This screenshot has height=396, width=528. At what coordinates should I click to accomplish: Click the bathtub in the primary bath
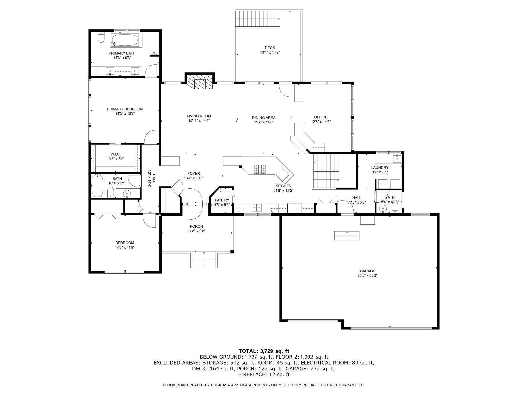click(124, 40)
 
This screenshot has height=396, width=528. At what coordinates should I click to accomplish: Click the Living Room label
click(199, 116)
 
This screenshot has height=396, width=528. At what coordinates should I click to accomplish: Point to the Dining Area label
click(264, 118)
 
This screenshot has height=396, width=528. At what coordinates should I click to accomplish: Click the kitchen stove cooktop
click(260, 169)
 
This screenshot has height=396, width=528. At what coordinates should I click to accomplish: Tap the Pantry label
click(222, 200)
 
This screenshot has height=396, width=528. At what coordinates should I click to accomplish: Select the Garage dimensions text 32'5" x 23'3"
click(367, 276)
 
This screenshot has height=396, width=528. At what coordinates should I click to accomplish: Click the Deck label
click(270, 48)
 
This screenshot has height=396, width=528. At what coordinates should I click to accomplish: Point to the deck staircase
click(258, 19)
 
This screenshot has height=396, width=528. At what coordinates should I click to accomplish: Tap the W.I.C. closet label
click(115, 154)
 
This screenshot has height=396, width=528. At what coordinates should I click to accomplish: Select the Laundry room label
click(380, 168)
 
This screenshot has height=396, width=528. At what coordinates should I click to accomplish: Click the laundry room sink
click(397, 159)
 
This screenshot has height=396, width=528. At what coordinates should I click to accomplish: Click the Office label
click(321, 117)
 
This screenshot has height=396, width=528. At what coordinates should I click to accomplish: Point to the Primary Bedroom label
click(125, 109)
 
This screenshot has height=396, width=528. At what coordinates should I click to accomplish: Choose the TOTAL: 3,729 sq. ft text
click(264, 351)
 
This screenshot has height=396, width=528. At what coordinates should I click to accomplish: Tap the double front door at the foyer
click(195, 204)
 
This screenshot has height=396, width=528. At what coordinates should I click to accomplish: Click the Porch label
click(196, 226)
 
